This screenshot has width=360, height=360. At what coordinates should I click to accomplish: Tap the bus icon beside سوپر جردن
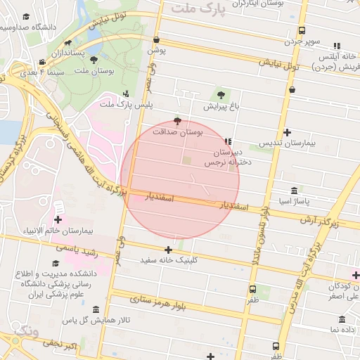(302, 31)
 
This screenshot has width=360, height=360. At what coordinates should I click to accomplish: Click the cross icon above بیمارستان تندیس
(287, 132)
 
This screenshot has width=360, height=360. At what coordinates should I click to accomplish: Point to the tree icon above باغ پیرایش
(222, 94)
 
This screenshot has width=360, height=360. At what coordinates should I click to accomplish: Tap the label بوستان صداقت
(177, 131)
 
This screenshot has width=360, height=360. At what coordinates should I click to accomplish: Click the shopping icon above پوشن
(155, 40)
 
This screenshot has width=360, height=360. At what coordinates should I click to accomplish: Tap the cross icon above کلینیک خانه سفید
(168, 250)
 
